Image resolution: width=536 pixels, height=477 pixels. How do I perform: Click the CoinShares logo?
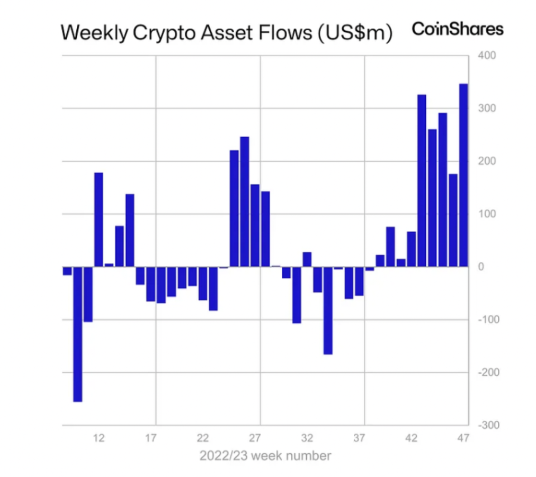[457, 29]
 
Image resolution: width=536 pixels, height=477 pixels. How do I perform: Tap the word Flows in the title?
[283, 33]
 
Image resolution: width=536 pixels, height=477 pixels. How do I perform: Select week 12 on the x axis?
[99, 438]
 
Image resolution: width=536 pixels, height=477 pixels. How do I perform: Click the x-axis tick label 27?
[255, 438]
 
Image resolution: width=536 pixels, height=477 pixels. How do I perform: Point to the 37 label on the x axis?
[359, 438]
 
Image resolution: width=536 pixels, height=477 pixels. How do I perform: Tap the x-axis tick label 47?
[463, 438]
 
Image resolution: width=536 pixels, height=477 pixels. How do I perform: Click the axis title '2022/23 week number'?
[265, 455]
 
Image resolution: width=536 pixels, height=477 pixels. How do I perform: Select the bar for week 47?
[463, 175]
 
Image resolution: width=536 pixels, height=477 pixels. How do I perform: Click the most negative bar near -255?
[78, 334]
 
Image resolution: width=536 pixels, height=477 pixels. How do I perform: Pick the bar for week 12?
[99, 219]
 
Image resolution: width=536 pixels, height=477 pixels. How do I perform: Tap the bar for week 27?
[255, 225]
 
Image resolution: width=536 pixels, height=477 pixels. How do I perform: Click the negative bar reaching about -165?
[328, 310]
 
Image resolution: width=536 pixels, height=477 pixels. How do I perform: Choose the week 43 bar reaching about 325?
[422, 180]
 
